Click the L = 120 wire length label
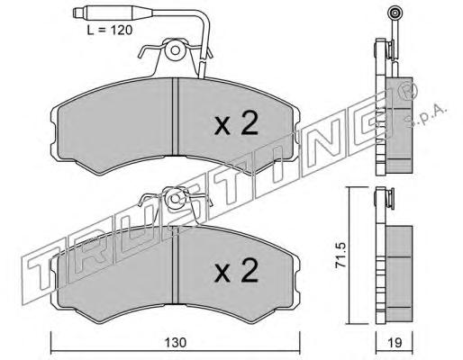tap(110, 30)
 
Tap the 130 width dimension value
tap(176, 342)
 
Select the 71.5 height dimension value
tap(341, 255)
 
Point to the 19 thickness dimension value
tap(395, 342)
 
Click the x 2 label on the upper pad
tap(236, 123)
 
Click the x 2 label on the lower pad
tap(236, 271)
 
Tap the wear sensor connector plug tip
tap(77, 13)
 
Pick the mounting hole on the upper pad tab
tap(176, 50)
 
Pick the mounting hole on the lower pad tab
tap(176, 199)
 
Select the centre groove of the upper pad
tap(176, 117)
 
